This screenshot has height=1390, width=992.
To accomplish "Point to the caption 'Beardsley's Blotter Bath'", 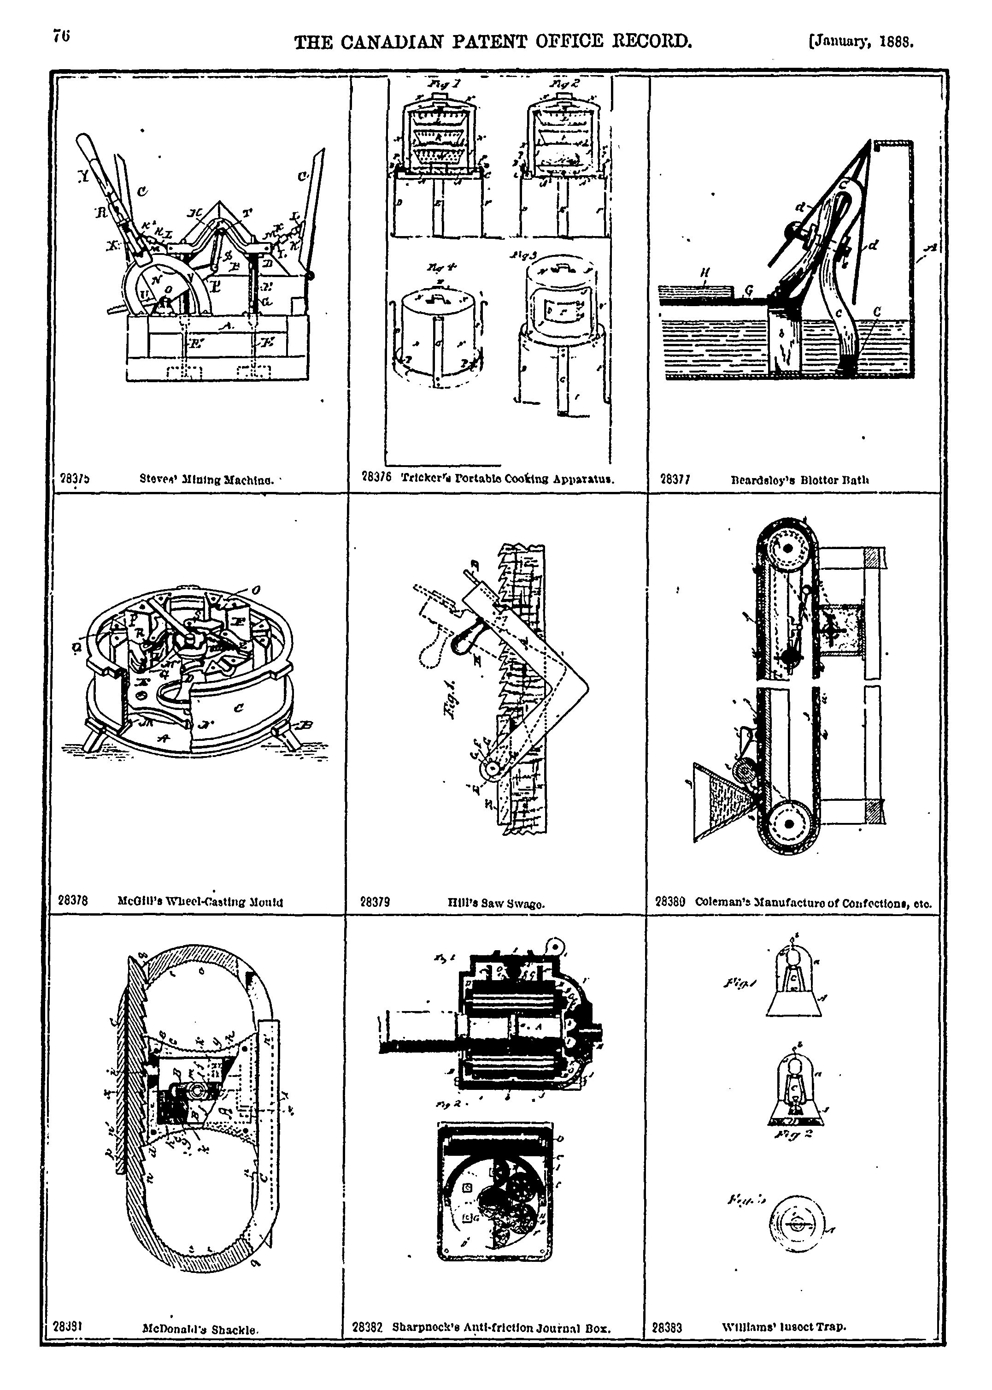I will [800, 480].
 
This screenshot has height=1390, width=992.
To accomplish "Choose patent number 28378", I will [73, 900].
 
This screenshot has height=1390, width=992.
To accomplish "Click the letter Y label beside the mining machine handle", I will [82, 176].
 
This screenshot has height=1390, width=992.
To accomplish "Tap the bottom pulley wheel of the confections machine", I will [789, 824].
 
